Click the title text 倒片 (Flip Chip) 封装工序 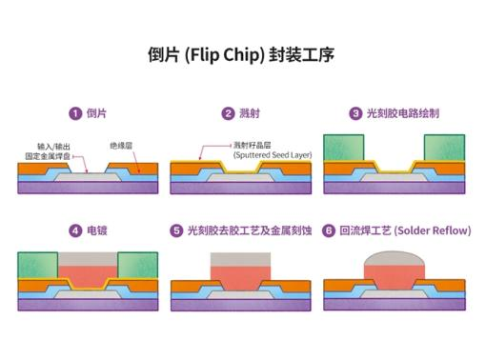[241, 54]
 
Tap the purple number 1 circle [75, 113]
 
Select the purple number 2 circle [228, 113]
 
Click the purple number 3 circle [355, 113]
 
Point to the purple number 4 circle [75, 230]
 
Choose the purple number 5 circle [176, 230]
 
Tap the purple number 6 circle [329, 230]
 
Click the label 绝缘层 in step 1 [121, 146]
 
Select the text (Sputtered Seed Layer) [273, 155]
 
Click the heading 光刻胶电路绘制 [403, 113]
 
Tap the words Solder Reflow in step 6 [434, 230]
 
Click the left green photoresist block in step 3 [344, 148]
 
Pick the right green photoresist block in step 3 [444, 148]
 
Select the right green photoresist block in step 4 [138, 265]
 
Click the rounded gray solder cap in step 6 [395, 259]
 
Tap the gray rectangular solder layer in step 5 [240, 259]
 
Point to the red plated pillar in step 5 [240, 278]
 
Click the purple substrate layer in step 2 [241, 188]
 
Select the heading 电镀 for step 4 [97, 230]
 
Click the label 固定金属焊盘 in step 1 [48, 156]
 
